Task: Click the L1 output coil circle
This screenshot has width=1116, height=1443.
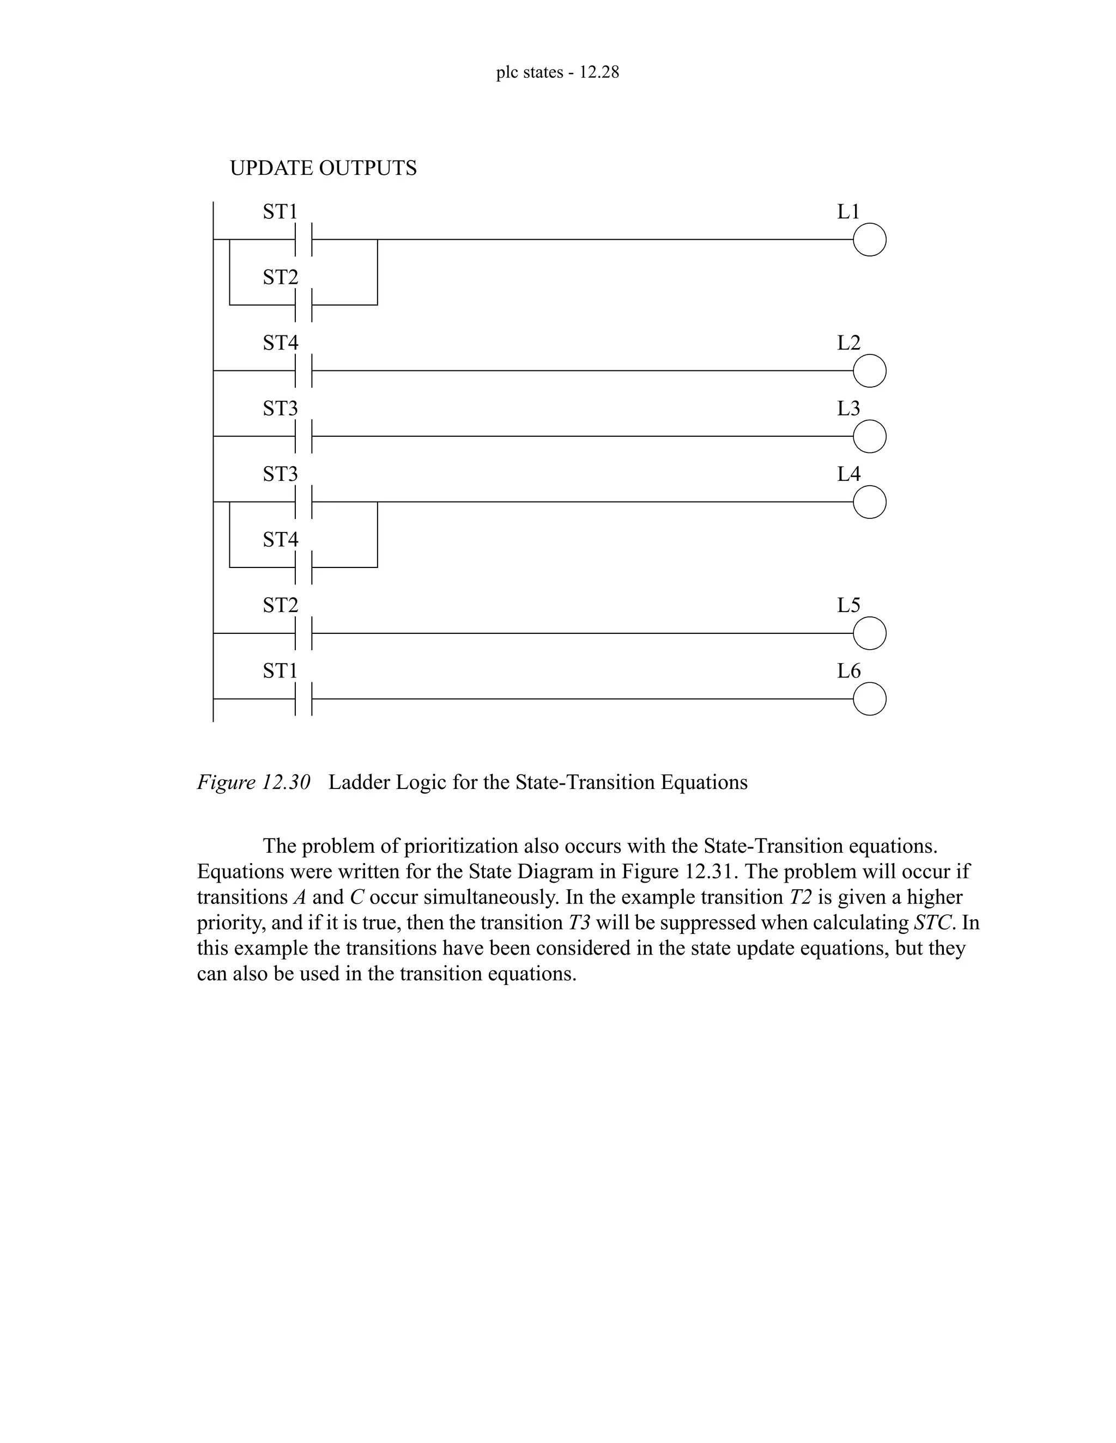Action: click(869, 240)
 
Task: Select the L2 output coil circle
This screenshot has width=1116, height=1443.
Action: click(869, 371)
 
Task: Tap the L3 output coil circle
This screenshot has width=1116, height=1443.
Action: click(869, 436)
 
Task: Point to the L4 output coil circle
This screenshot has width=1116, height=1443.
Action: click(869, 502)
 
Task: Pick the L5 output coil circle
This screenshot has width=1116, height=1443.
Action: click(869, 634)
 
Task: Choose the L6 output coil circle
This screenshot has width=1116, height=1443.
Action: click(869, 699)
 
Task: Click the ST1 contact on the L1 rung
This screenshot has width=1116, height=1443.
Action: click(304, 240)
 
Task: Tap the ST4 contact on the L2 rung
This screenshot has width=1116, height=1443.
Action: click(304, 371)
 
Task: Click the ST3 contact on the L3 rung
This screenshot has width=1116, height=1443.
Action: click(304, 436)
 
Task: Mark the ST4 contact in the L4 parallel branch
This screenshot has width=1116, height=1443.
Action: click(304, 567)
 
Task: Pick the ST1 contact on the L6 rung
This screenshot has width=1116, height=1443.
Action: click(304, 699)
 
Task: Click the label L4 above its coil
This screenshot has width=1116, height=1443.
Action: click(849, 474)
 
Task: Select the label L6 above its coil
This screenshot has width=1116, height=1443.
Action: click(849, 671)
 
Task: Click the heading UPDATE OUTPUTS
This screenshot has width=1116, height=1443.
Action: click(323, 168)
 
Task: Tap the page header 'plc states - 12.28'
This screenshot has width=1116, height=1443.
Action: click(557, 72)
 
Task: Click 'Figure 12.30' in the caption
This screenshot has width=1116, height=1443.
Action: click(254, 782)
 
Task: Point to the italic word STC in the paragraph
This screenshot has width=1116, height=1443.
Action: click(928, 922)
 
